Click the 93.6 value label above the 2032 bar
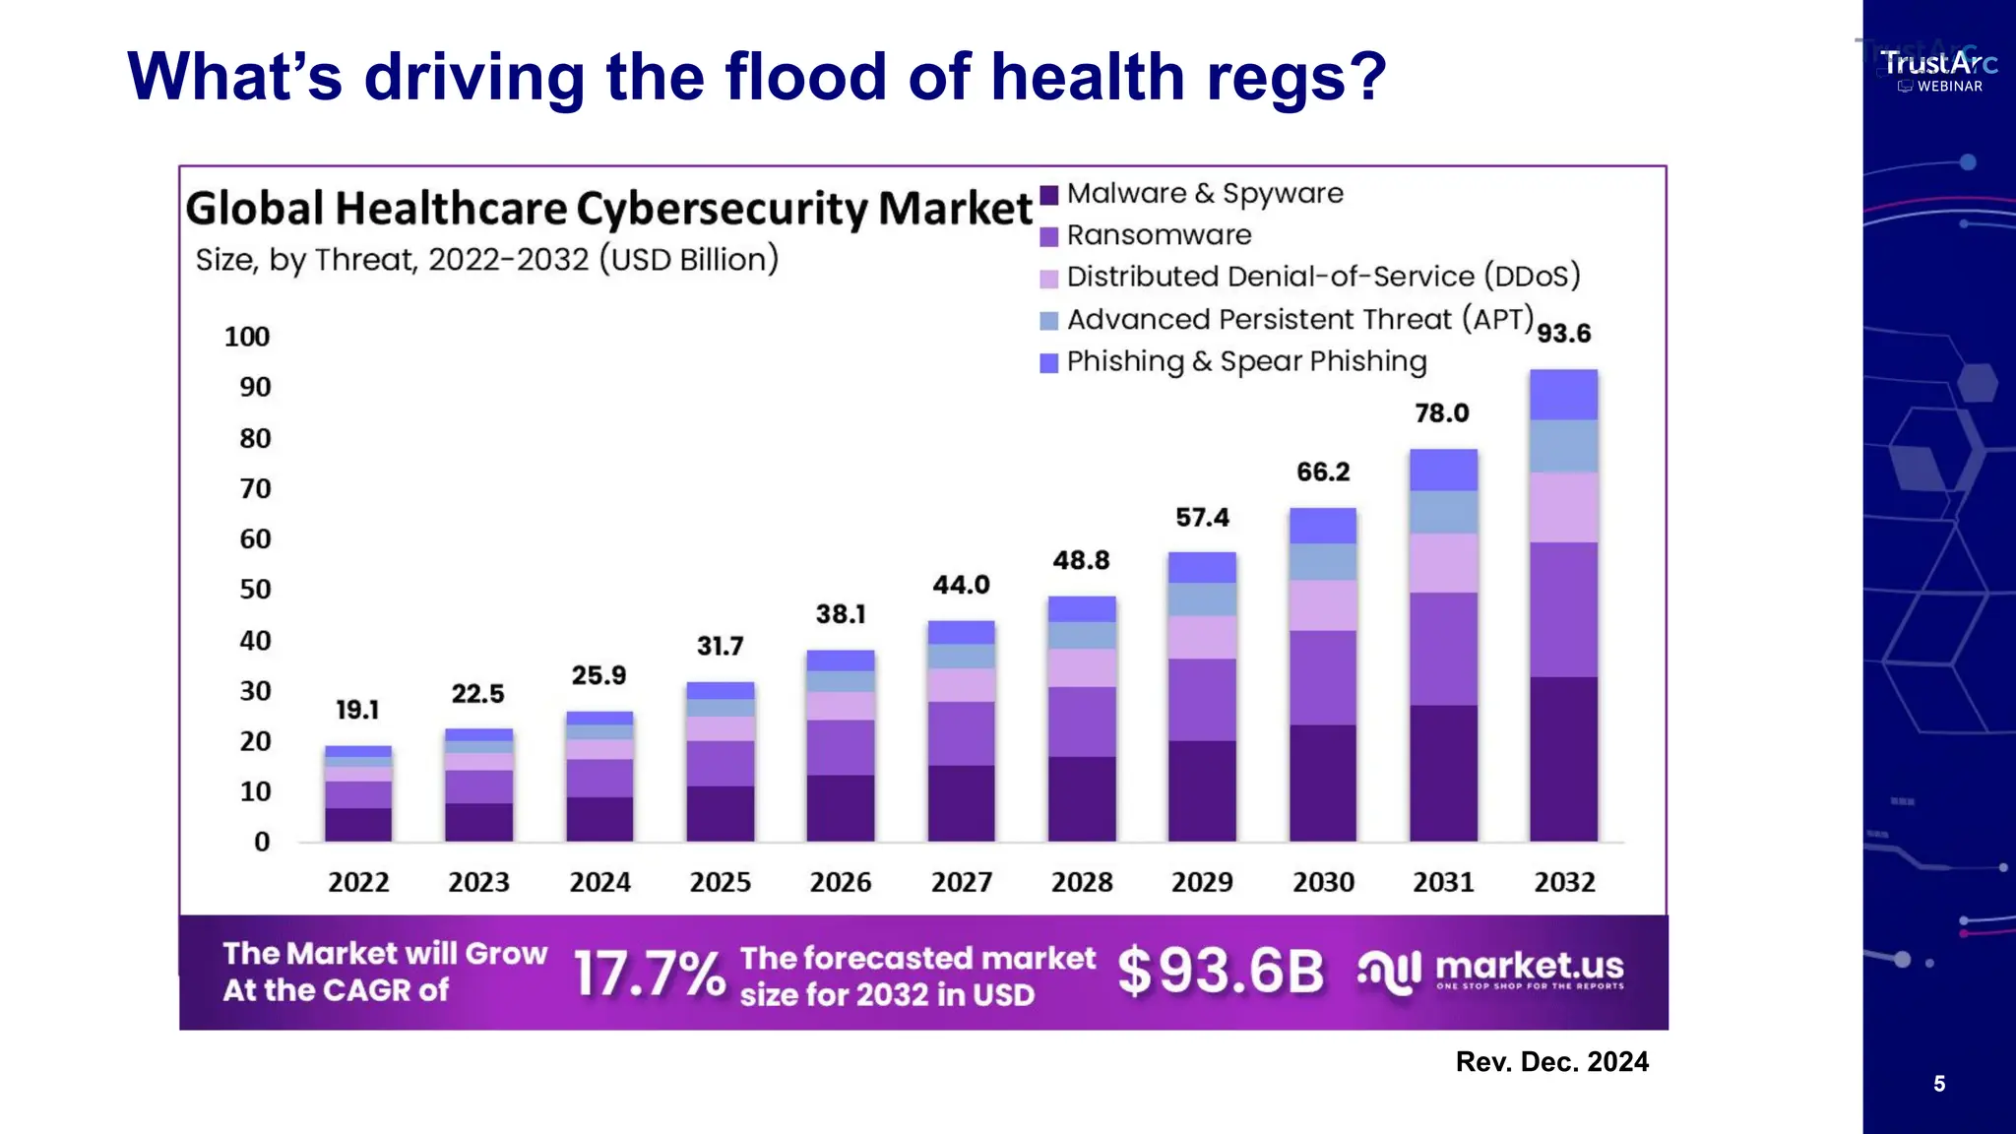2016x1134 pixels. (x=1563, y=334)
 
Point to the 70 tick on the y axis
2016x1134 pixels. (x=255, y=489)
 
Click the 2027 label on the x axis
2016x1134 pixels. (x=961, y=882)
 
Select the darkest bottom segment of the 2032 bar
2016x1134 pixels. (x=1563, y=758)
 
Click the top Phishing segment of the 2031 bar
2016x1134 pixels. (x=1443, y=471)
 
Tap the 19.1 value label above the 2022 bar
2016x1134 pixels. (x=357, y=710)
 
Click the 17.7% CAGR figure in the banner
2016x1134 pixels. (x=649, y=975)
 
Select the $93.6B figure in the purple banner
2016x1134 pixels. (x=1221, y=972)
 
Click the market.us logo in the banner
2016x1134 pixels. (x=1490, y=971)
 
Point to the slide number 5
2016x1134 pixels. (x=1938, y=1084)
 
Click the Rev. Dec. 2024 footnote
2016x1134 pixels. (x=1551, y=1062)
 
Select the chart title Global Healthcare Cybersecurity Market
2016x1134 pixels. (x=608, y=209)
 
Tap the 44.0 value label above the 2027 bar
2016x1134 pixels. (x=961, y=585)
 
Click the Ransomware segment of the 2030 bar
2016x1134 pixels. (x=1323, y=677)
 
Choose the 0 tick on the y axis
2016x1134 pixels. (x=262, y=843)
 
